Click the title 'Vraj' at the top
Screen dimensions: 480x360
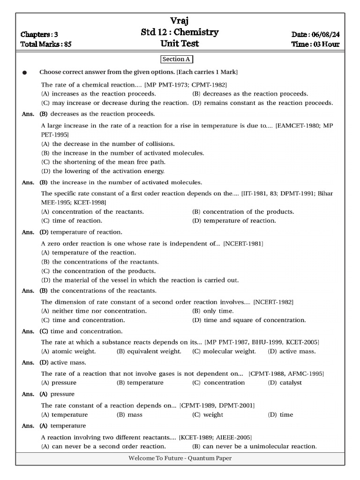click(x=180, y=21)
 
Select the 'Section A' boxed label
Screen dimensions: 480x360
click(x=177, y=59)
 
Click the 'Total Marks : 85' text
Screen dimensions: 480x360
click(x=46, y=45)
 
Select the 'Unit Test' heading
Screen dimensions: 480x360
click(x=180, y=44)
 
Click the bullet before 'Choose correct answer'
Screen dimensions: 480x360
click(x=25, y=73)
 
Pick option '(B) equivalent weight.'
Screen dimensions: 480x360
click(x=149, y=351)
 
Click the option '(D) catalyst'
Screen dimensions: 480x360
click(x=285, y=382)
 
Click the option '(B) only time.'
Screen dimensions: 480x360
click(x=213, y=311)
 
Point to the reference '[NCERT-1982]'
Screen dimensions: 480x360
click(x=274, y=302)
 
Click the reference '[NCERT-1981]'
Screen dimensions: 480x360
click(x=243, y=244)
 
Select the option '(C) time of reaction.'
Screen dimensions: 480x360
click(x=72, y=220)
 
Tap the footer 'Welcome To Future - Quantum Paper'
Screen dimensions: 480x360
click(x=180, y=458)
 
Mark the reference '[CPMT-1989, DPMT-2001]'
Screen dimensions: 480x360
click(x=217, y=405)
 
